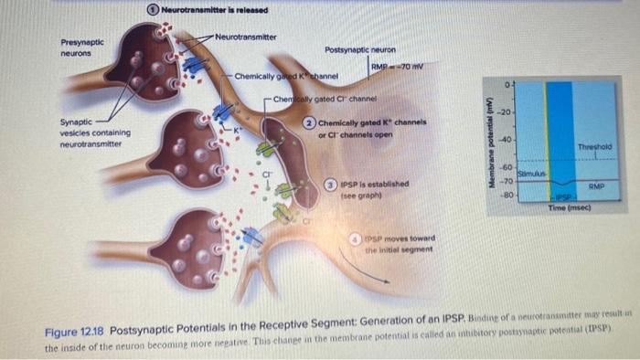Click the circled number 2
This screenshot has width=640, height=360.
click(311, 122)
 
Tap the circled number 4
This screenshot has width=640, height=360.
click(358, 239)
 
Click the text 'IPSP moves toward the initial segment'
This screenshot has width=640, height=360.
click(402, 244)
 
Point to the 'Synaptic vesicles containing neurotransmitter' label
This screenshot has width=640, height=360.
click(94, 132)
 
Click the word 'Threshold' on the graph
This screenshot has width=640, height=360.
click(593, 146)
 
